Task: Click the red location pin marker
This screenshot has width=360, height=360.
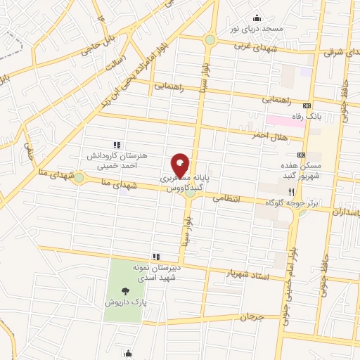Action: tap(180, 165)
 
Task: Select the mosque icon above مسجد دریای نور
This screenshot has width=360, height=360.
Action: tap(257, 18)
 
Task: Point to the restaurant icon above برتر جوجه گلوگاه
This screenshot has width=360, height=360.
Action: tap(289, 191)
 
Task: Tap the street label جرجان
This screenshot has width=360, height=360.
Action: tap(250, 317)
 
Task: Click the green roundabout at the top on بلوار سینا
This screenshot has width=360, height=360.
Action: tap(210, 40)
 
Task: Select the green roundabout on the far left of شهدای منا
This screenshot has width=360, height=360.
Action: tap(78, 179)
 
